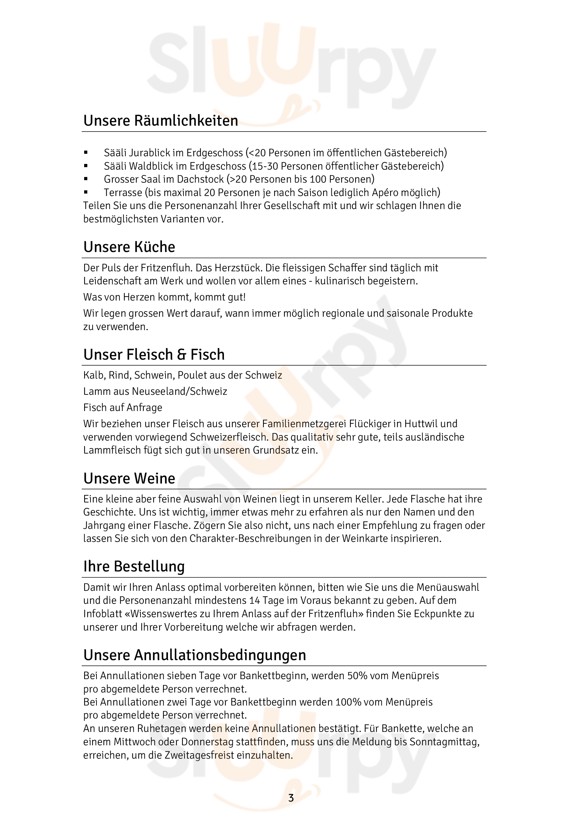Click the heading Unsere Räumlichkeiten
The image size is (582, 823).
(x=160, y=120)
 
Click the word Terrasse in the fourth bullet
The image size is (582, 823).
(x=123, y=192)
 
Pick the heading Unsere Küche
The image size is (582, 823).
(x=129, y=247)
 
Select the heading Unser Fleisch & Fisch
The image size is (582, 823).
(x=154, y=355)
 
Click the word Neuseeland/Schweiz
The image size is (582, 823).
(x=179, y=391)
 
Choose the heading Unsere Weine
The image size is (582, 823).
(x=129, y=479)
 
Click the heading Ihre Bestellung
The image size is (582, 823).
(x=134, y=567)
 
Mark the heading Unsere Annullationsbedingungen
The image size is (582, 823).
(x=194, y=655)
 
